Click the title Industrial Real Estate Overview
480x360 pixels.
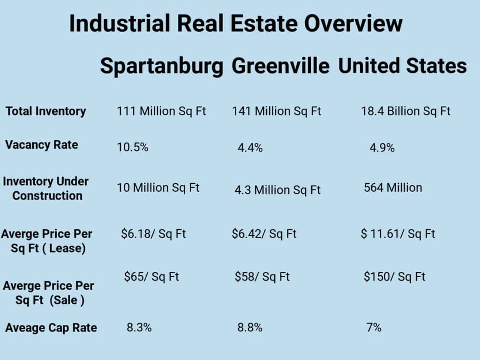(235, 23)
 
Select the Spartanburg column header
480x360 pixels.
(161, 66)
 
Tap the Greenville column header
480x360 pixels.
(280, 66)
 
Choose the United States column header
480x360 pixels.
(402, 66)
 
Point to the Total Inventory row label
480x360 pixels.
(46, 112)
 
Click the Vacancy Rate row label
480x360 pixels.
(42, 145)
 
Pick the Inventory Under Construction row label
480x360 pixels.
(46, 188)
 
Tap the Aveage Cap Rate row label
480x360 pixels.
(51, 328)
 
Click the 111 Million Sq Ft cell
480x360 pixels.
(161, 112)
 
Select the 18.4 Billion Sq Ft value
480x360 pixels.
(405, 112)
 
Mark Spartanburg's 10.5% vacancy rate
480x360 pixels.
(133, 148)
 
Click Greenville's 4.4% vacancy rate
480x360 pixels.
(250, 148)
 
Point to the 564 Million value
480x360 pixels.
(393, 188)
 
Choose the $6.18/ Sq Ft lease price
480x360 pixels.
(153, 233)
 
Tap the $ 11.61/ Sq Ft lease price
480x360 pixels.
(398, 233)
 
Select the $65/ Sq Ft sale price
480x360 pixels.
(151, 277)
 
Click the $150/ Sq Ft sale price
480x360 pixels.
(394, 277)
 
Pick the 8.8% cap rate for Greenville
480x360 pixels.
(250, 328)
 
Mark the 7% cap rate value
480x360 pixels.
(374, 328)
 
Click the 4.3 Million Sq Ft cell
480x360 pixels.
(277, 190)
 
